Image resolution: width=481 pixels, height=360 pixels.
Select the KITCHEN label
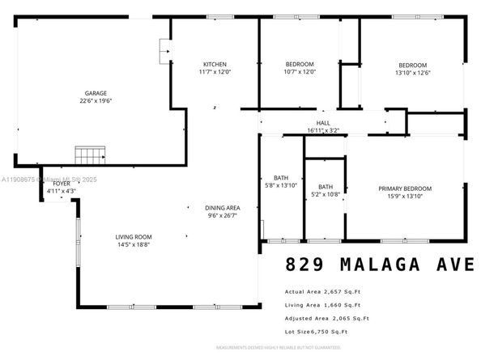click(215, 64)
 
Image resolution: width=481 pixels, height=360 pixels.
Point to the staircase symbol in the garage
click(91, 154)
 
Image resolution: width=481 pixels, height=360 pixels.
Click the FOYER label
click(62, 184)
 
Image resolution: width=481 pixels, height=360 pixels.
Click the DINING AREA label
click(221, 208)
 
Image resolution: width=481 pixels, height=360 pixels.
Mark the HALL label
click(323, 122)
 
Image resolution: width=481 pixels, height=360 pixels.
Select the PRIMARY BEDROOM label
click(405, 188)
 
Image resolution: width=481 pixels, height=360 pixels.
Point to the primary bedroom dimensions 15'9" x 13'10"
click(405, 196)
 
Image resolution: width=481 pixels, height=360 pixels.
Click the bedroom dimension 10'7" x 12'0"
click(300, 72)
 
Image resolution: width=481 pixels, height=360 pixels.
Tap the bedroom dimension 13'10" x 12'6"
click(411, 73)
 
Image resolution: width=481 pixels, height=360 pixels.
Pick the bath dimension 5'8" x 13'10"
click(281, 185)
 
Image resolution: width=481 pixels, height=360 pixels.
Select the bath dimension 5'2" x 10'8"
click(326, 194)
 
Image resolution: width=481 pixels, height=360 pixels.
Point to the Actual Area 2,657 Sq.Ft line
click(321, 291)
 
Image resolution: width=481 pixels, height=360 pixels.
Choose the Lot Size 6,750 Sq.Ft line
click(316, 332)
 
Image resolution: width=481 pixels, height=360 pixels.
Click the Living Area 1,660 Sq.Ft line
click(321, 305)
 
